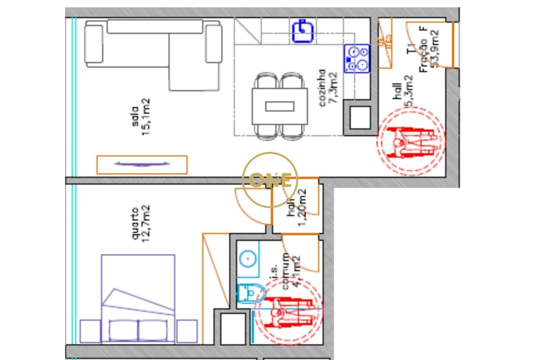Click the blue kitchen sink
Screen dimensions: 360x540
302,30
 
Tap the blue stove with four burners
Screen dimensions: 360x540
356,58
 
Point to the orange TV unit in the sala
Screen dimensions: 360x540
142,164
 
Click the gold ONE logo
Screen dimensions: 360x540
270,180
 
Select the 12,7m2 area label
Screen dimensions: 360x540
145,223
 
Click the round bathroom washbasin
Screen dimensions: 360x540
247,258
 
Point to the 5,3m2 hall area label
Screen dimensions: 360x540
409,91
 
